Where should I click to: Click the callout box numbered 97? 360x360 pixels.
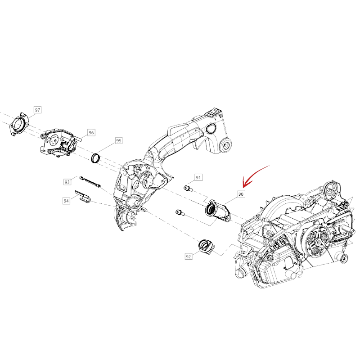37,110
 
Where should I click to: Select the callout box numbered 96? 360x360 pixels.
91,132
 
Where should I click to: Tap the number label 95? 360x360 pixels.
118,140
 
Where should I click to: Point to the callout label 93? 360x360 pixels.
67,182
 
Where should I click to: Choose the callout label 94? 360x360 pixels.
66,201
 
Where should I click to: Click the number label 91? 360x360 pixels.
198,177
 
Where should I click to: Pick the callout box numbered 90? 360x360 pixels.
241,194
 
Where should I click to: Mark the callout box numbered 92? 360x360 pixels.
188,256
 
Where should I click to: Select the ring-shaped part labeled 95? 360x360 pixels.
96,158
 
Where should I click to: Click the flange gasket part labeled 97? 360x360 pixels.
19,124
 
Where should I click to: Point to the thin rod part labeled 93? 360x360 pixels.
90,181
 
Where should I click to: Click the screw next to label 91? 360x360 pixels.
188,189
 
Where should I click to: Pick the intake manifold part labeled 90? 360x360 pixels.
217,211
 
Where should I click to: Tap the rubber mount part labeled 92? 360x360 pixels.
206,247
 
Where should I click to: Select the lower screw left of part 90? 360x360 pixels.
180,212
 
